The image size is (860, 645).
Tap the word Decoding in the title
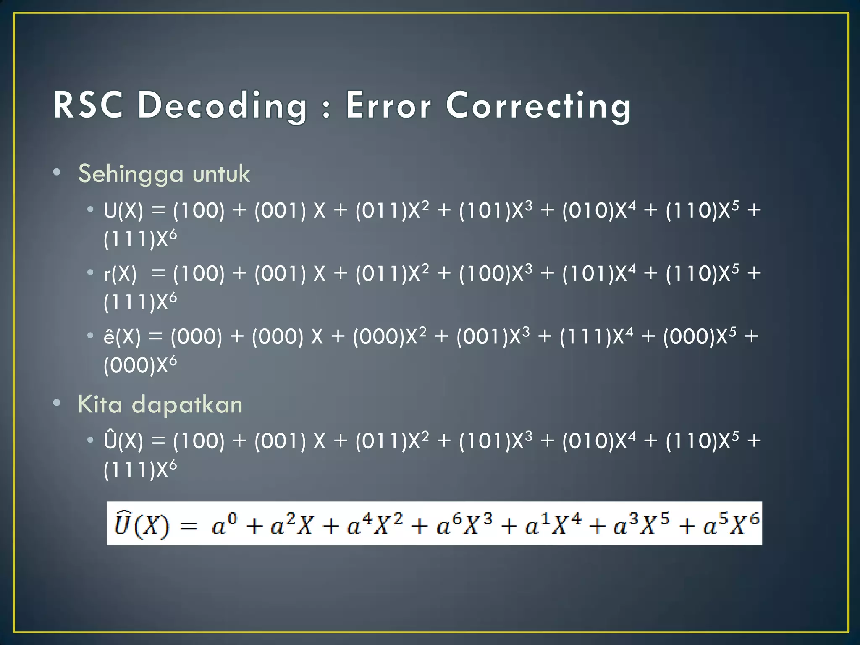pos(223,106)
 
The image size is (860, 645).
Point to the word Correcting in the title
pos(538,106)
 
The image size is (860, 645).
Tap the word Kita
pos(100,404)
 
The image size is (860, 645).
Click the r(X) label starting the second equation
pos(120,274)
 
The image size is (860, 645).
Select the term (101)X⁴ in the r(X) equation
pos(599,273)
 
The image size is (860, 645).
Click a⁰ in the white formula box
pos(224,524)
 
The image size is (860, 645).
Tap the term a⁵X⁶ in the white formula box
pos(731,524)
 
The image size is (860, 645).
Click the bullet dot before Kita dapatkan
pos(57,403)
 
